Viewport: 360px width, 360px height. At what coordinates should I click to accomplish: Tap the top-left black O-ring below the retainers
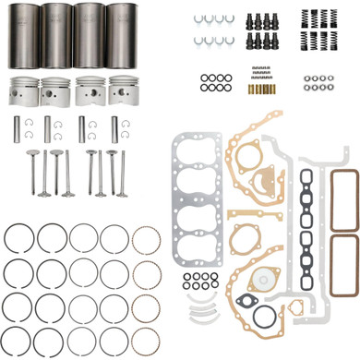coord(204,78)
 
